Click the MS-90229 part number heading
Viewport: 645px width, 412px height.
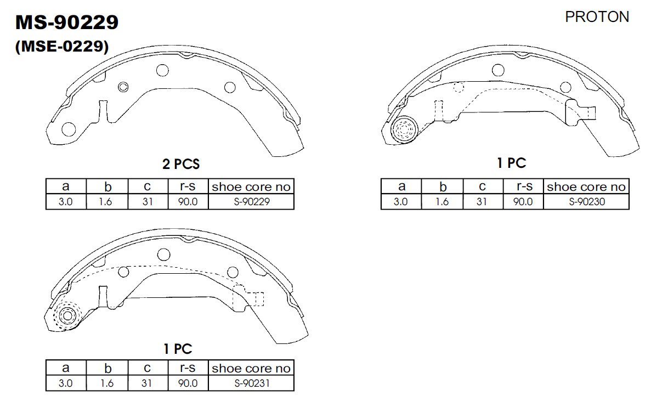click(x=67, y=22)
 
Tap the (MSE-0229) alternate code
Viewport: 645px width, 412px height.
click(x=61, y=46)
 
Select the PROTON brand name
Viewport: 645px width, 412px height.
click(x=597, y=17)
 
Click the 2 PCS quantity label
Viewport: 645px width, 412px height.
click(x=180, y=164)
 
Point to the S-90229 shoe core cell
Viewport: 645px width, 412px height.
click(x=252, y=202)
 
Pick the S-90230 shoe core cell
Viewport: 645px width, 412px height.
click(x=587, y=202)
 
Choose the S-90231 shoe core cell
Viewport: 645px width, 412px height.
click(x=252, y=383)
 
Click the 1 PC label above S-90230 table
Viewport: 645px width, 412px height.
click(x=511, y=163)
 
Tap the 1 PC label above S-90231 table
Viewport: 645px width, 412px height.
click(x=178, y=349)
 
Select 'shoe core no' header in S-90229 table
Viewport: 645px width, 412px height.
click(x=251, y=187)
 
